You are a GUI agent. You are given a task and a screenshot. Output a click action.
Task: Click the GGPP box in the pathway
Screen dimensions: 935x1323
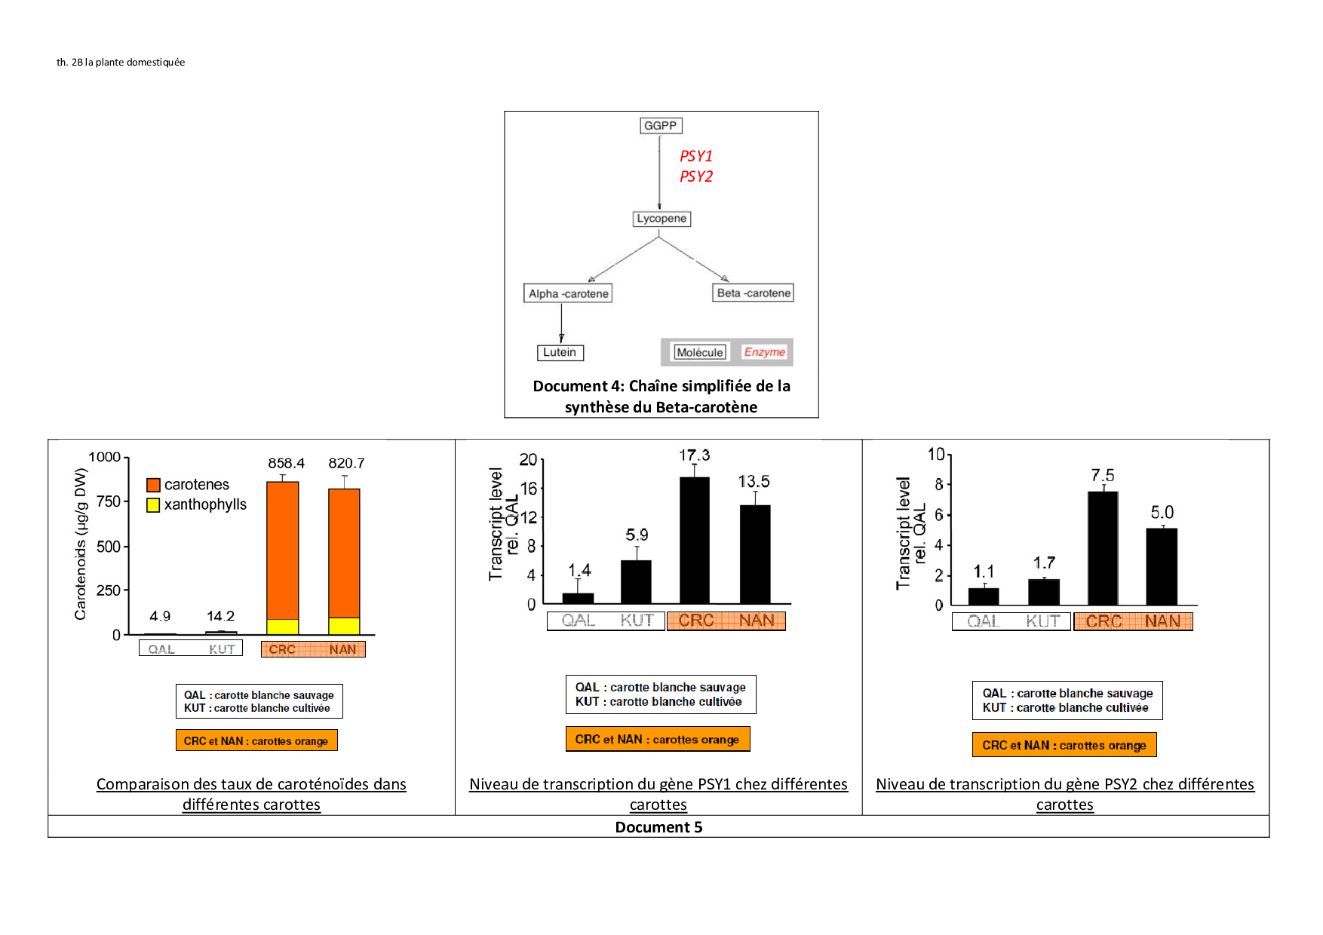pyautogui.click(x=660, y=125)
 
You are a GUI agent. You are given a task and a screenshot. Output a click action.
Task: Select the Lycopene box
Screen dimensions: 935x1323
pyautogui.click(x=661, y=219)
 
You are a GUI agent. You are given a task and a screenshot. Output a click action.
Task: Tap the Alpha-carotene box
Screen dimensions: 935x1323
pyautogui.click(x=568, y=293)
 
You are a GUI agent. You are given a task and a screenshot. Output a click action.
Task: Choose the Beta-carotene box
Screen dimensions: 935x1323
pyautogui.click(x=754, y=293)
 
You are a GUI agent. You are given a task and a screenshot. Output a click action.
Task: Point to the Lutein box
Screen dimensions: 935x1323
pyautogui.click(x=560, y=352)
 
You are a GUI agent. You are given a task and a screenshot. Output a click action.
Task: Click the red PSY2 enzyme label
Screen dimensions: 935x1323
pyautogui.click(x=695, y=176)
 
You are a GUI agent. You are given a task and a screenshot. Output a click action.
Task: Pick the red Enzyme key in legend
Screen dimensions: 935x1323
pyautogui.click(x=764, y=352)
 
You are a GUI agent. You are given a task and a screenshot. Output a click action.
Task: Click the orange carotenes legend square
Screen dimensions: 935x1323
pyautogui.click(x=153, y=485)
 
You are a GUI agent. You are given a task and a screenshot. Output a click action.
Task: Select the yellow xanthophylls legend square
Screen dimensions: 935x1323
pyautogui.click(x=153, y=505)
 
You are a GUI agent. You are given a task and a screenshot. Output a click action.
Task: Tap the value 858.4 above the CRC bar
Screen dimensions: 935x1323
pyautogui.click(x=286, y=463)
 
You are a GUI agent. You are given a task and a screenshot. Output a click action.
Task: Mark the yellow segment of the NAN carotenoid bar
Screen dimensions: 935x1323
pyautogui.click(x=344, y=626)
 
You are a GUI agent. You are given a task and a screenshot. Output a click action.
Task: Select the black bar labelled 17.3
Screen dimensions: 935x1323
pyautogui.click(x=694, y=540)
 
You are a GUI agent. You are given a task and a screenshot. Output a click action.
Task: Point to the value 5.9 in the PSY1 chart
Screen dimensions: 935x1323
pyautogui.click(x=637, y=535)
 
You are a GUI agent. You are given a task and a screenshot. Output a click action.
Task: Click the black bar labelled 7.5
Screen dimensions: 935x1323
pyautogui.click(x=1103, y=548)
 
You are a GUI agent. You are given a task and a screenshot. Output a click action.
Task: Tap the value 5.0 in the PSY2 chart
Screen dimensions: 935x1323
pyautogui.click(x=1162, y=513)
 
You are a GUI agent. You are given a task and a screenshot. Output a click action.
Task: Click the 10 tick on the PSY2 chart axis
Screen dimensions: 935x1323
pyautogui.click(x=935, y=454)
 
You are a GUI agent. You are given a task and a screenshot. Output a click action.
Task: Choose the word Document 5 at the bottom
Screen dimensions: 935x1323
pyautogui.click(x=658, y=827)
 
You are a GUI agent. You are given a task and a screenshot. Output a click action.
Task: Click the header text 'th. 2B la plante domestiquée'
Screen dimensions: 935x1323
pyautogui.click(x=121, y=63)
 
